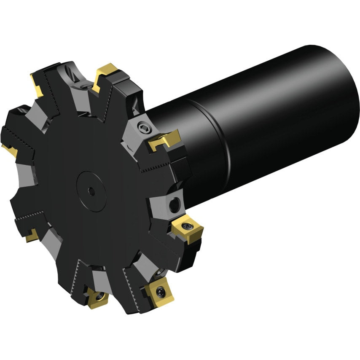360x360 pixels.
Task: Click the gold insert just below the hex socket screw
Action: pyautogui.click(x=165, y=139)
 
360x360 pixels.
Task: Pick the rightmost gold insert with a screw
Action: pyautogui.click(x=188, y=229)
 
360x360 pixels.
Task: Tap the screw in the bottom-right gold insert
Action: pyautogui.click(x=161, y=290)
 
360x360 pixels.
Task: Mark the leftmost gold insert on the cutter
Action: pyautogui.click(x=9, y=148)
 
